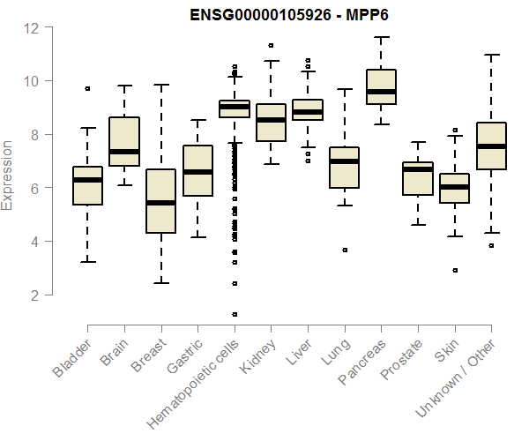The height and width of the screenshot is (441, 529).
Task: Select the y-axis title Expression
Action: (x=8, y=174)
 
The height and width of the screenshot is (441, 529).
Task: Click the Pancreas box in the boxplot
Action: (x=381, y=86)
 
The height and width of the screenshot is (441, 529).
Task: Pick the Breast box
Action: (x=160, y=201)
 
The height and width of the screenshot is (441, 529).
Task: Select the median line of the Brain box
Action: (x=124, y=152)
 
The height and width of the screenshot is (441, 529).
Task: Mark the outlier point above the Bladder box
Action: (x=87, y=88)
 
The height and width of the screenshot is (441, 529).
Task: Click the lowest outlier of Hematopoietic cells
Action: (x=235, y=314)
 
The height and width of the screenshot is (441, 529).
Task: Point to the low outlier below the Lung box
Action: (x=345, y=250)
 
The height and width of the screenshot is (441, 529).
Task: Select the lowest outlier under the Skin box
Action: (x=455, y=271)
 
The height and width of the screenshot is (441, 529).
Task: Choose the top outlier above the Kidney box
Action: (x=271, y=45)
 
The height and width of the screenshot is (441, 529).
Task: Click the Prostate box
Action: (x=418, y=178)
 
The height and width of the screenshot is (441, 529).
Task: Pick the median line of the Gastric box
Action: (x=197, y=172)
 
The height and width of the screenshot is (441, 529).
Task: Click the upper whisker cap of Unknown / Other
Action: (x=491, y=55)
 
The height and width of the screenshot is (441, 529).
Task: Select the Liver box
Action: (x=308, y=109)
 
